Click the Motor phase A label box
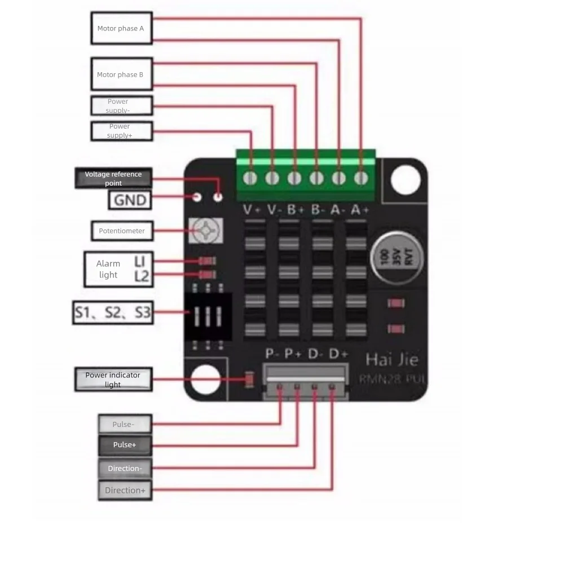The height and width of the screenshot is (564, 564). click(x=121, y=28)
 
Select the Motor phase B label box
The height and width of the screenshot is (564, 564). click(x=121, y=74)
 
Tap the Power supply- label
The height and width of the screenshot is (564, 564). click(x=121, y=105)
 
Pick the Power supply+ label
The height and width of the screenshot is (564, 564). click(x=121, y=131)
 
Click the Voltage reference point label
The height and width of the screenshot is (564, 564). click(x=113, y=178)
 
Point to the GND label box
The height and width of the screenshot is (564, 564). click(x=130, y=200)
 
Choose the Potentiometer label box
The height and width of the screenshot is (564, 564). click(x=122, y=231)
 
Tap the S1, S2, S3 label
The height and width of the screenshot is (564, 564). click(x=113, y=312)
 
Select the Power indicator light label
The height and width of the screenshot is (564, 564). click(x=113, y=379)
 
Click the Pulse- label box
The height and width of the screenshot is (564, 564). click(x=125, y=424)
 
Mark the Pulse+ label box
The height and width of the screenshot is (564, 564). click(x=125, y=445)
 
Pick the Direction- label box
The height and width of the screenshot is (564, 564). click(x=125, y=468)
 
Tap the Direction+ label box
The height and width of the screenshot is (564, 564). click(x=125, y=490)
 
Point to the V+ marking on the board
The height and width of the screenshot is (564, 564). click(x=252, y=210)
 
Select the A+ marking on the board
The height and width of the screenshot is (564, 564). click(x=360, y=210)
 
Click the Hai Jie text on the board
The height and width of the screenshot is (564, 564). click(x=392, y=359)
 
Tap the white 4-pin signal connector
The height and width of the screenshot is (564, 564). click(x=306, y=381)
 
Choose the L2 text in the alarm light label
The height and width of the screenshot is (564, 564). click(x=142, y=276)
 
